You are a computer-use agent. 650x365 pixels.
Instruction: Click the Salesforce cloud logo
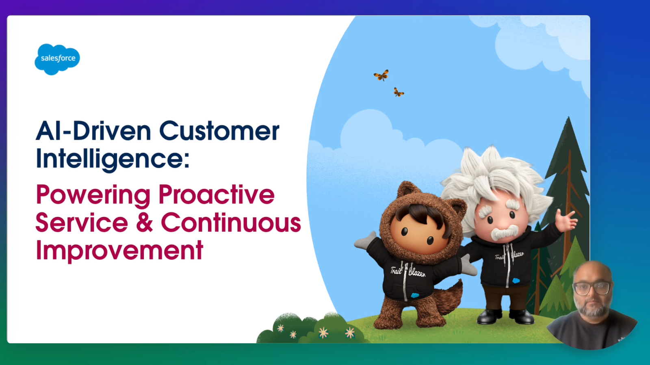coord(57,59)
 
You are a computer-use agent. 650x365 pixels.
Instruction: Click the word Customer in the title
coord(219,131)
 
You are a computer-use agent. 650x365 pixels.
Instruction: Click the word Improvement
coord(119,251)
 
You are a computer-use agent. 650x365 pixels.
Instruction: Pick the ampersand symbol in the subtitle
coord(144,222)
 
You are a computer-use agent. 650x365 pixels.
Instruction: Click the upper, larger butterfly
coord(381,76)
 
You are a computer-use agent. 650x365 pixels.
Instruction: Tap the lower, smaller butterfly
coord(399,92)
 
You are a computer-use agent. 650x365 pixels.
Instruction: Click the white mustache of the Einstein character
coord(505,232)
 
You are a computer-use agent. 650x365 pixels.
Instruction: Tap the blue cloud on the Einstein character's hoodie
coord(516,281)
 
